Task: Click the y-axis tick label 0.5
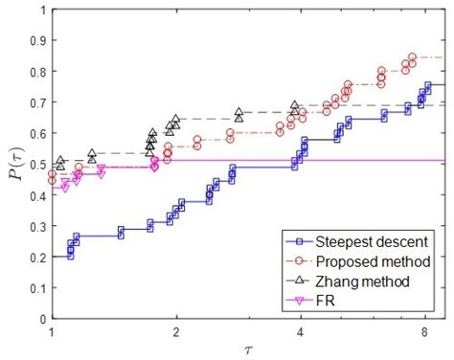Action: (x=35, y=165)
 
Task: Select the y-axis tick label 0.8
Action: (x=35, y=72)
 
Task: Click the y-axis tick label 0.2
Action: (x=35, y=258)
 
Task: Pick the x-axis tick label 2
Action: (x=175, y=331)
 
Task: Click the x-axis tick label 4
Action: (x=301, y=331)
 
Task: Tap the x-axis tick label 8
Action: (x=425, y=331)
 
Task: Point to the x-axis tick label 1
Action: (x=52, y=331)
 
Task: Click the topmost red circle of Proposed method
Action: (x=413, y=57)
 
